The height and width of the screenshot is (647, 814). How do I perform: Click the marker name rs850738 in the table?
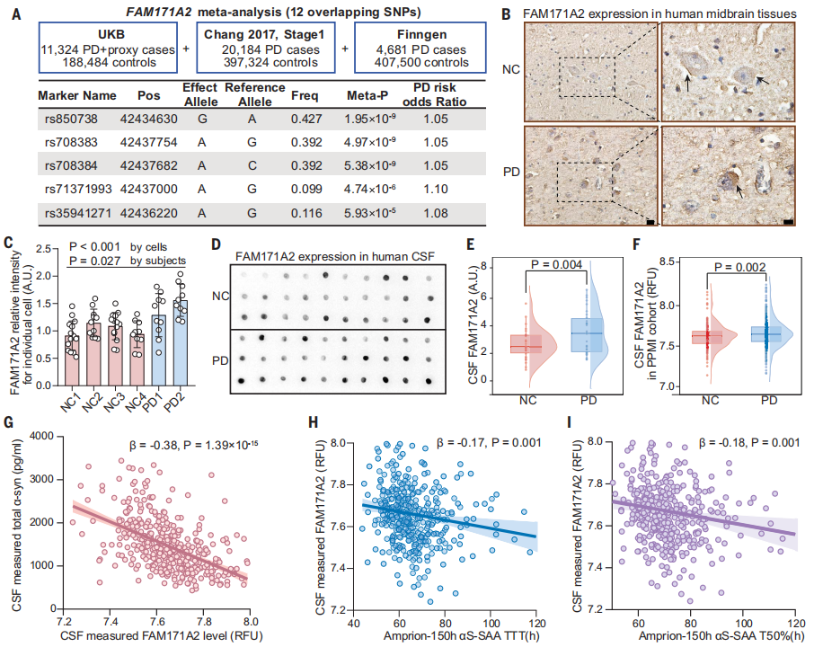[x=68, y=119]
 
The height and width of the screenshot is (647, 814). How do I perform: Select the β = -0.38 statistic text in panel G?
[x=174, y=443]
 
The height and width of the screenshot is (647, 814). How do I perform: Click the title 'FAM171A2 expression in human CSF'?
[x=337, y=255]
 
